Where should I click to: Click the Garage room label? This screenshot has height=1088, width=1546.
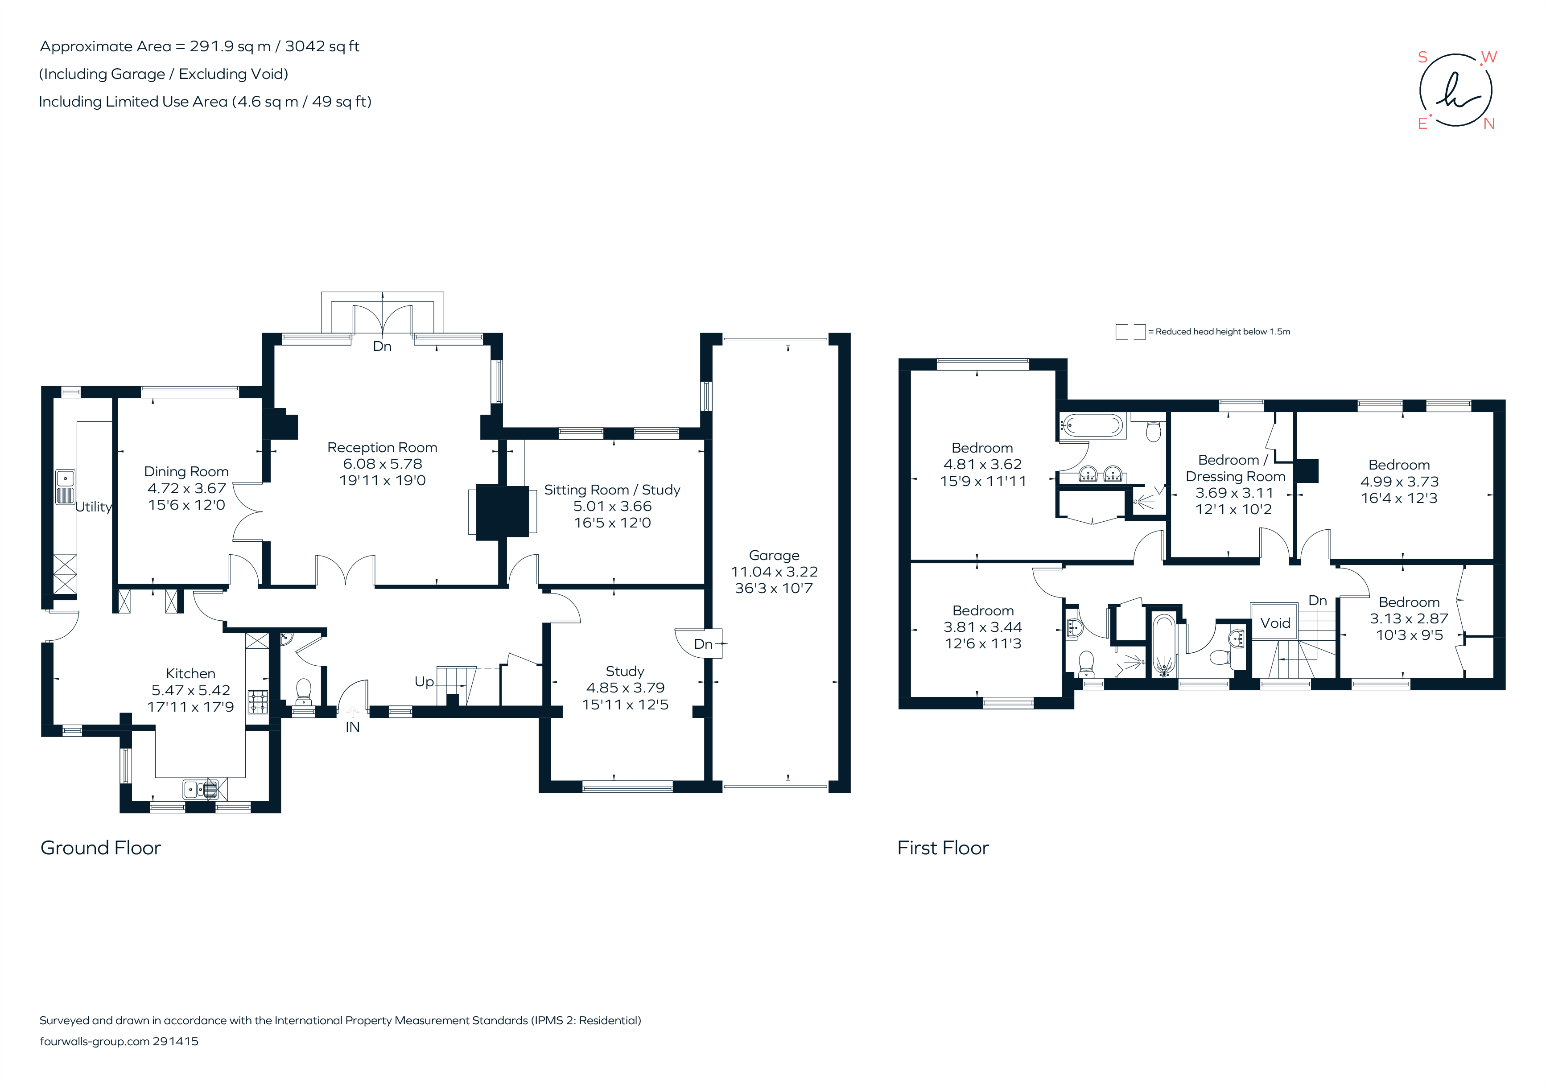click(774, 556)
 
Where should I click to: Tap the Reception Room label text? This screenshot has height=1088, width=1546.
click(382, 448)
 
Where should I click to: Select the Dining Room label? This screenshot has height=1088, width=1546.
click(186, 472)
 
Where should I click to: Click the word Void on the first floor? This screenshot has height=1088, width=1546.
click(1275, 623)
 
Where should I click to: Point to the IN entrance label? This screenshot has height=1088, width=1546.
click(352, 727)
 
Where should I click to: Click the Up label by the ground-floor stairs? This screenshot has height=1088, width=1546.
click(424, 682)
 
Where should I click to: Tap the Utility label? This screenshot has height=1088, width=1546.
click(94, 507)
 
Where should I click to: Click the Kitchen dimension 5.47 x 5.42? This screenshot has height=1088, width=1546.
click(190, 690)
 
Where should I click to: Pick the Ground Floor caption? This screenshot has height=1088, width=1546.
click(101, 848)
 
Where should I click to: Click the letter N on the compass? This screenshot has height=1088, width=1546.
click(1489, 124)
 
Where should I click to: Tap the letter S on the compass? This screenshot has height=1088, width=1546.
click(1423, 57)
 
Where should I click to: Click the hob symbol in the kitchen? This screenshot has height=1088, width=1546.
click(258, 702)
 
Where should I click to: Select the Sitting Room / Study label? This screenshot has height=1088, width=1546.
click(612, 490)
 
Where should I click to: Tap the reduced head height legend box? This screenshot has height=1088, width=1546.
click(1130, 332)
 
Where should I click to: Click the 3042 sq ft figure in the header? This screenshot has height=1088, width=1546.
click(322, 46)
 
